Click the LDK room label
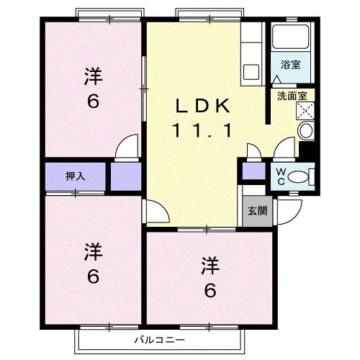(x=204, y=107)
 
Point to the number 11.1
(x=201, y=131)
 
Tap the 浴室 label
(x=290, y=65)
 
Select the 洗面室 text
(x=291, y=94)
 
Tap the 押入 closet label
(x=75, y=174)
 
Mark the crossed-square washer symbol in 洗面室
(x=305, y=110)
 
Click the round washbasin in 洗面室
(x=305, y=131)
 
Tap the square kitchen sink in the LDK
(x=251, y=71)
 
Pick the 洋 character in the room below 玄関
(x=209, y=264)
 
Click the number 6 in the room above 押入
(x=92, y=101)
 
